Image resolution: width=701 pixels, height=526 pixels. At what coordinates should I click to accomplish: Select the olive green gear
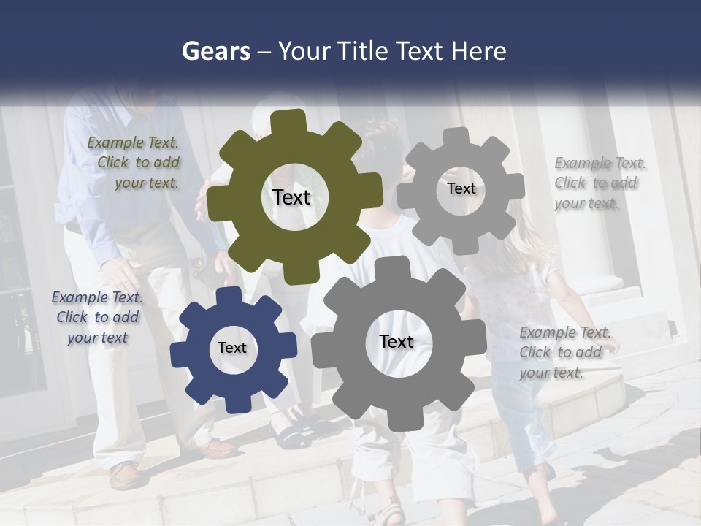(x=241, y=234)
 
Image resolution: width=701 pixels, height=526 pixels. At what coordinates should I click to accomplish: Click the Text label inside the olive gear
(x=291, y=197)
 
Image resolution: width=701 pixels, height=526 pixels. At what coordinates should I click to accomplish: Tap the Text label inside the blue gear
(x=232, y=348)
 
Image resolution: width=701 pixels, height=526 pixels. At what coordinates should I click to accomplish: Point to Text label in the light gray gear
(x=461, y=188)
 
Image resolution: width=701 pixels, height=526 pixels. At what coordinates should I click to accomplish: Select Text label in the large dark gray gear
(x=397, y=341)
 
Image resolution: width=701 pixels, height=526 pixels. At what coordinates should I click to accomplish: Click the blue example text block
(x=97, y=317)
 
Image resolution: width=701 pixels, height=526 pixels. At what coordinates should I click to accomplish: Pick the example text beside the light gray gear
(x=599, y=183)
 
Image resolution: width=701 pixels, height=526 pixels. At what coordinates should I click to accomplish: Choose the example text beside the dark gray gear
(x=563, y=352)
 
